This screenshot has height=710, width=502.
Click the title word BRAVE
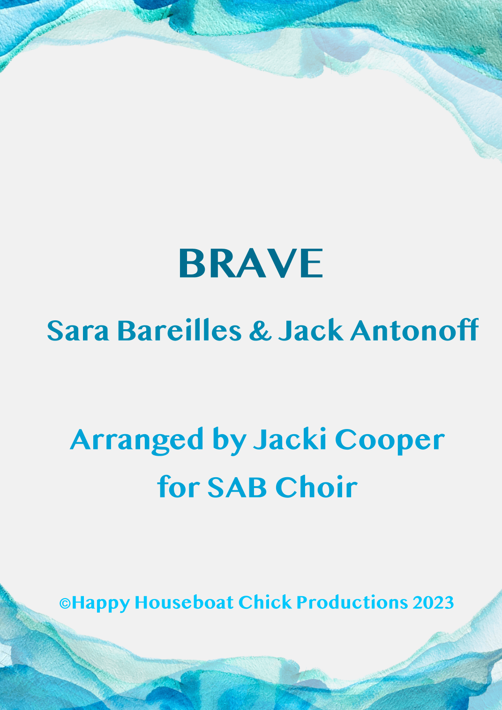point(251,263)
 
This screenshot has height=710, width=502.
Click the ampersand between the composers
point(261,330)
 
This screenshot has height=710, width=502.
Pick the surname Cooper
point(390,441)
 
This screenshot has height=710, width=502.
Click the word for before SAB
point(178,486)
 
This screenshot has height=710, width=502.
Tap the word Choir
point(317,486)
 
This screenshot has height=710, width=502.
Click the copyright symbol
point(65,603)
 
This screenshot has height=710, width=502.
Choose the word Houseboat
point(184,602)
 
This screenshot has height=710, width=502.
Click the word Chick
point(265,602)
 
